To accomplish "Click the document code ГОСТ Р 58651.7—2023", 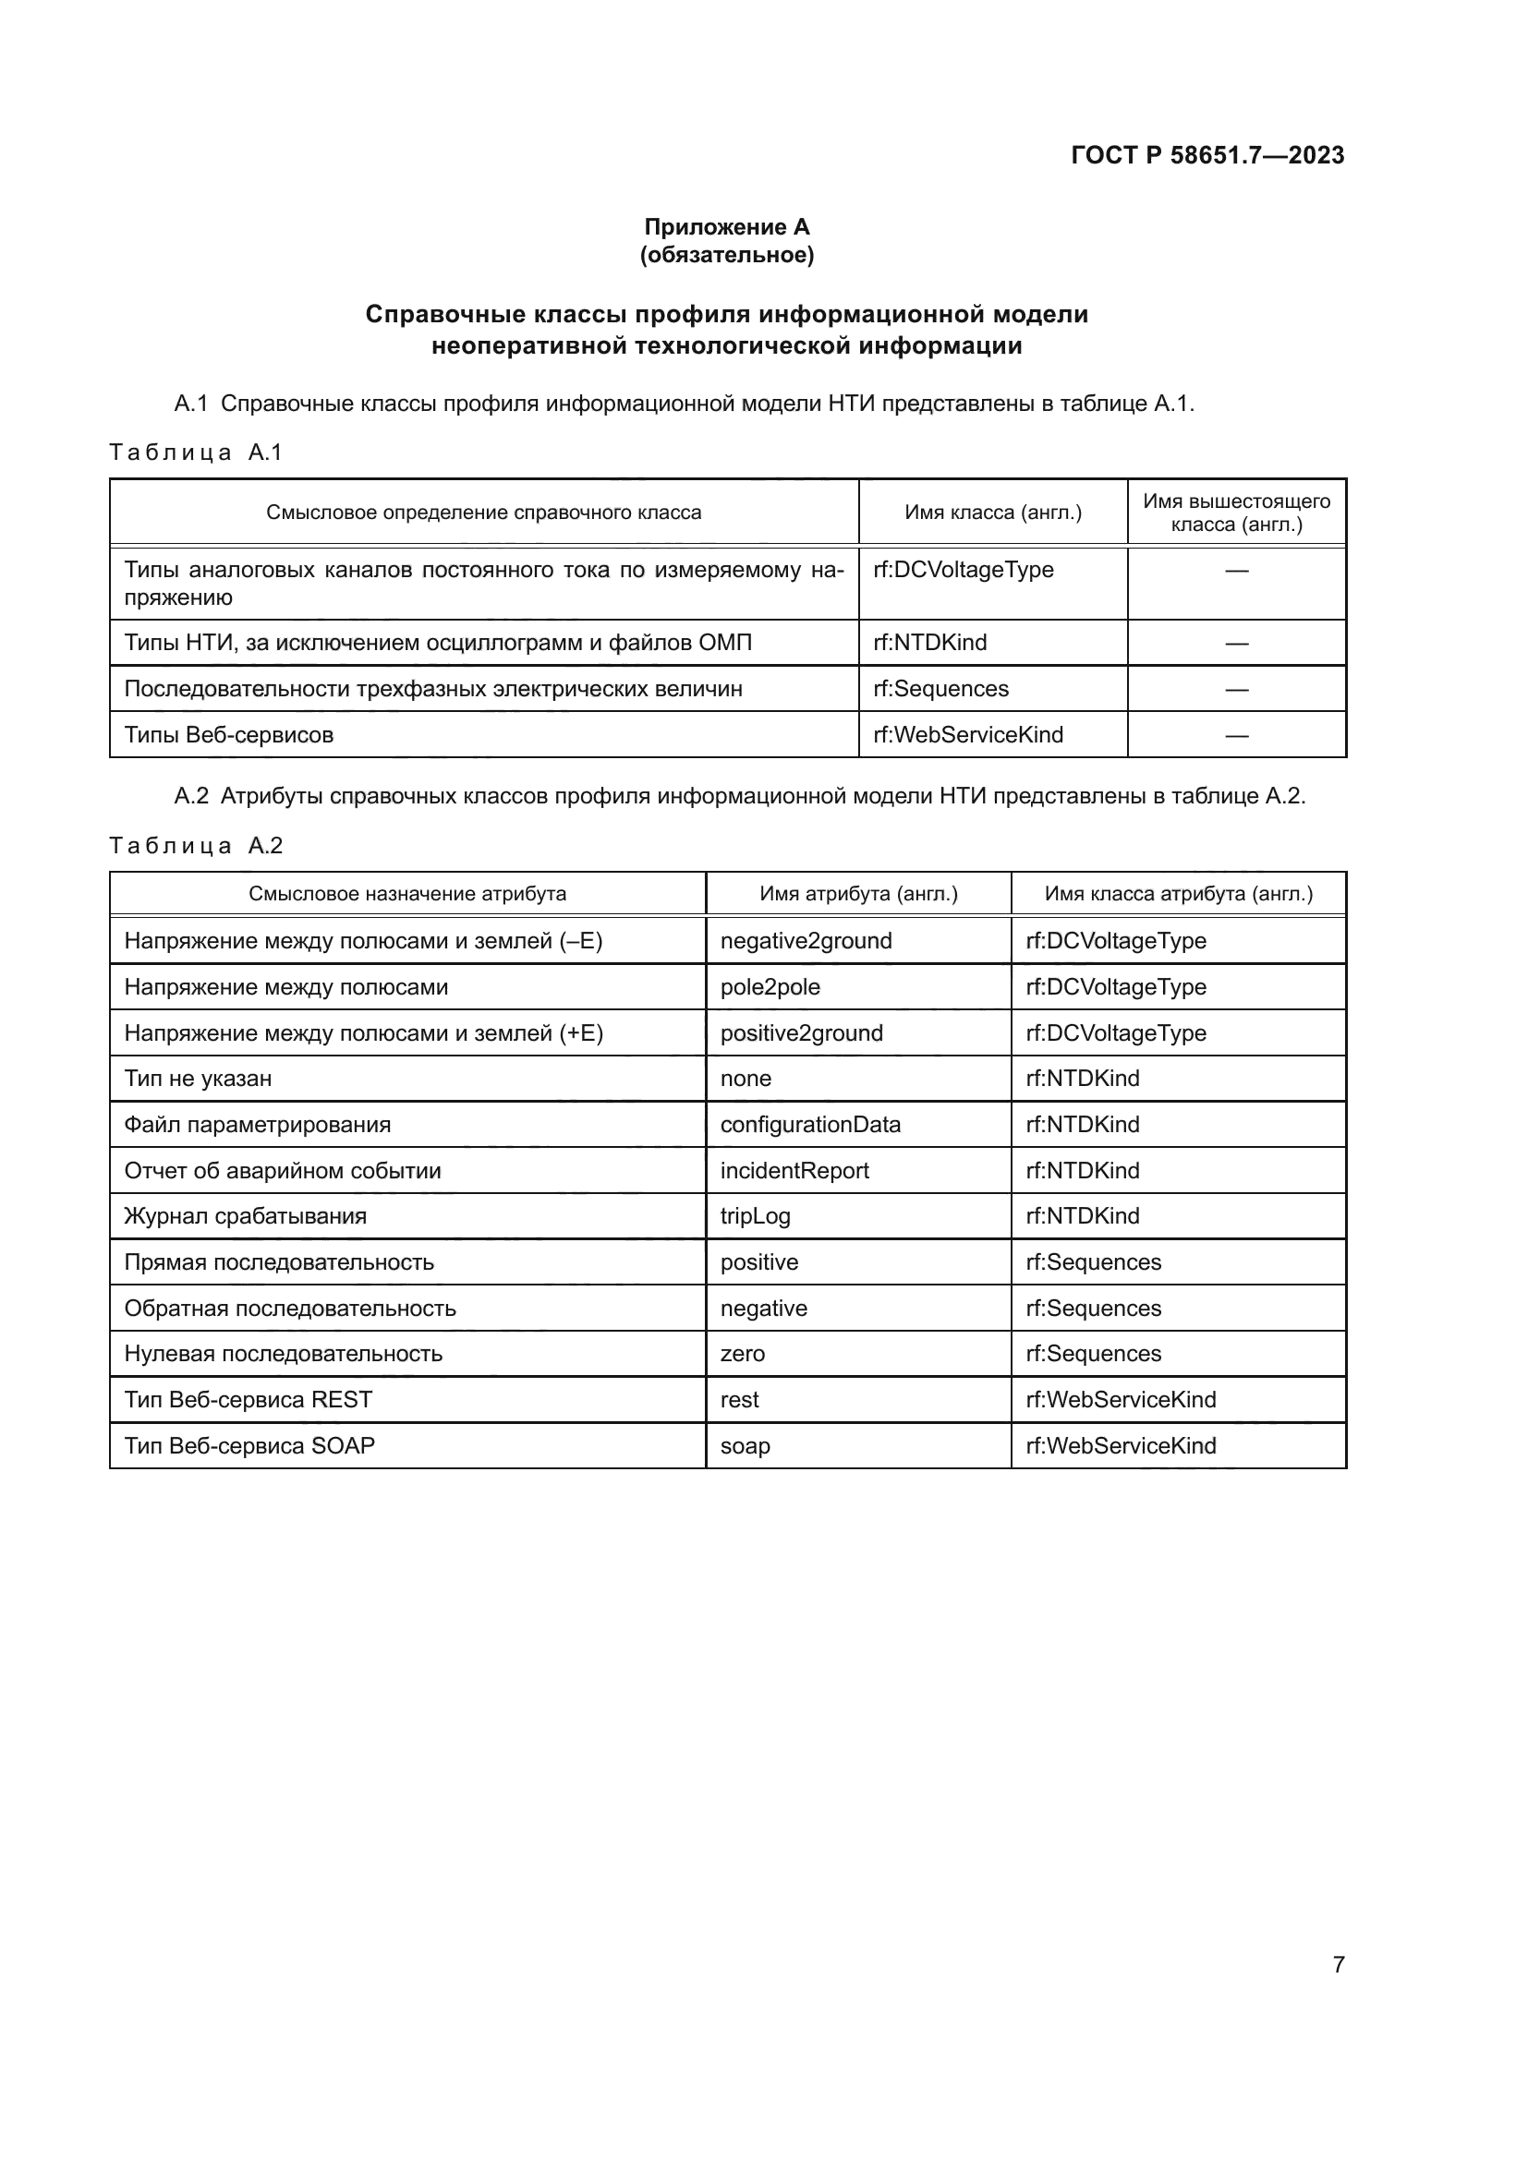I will [x=1207, y=155].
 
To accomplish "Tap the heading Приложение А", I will [x=726, y=227].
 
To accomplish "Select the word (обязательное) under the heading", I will [x=726, y=255].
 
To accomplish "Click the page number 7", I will [x=1338, y=1964].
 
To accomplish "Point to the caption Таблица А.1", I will [x=196, y=453].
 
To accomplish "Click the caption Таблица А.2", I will [x=196, y=846].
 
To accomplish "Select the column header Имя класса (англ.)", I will [x=992, y=513].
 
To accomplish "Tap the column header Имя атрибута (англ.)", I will [x=858, y=894].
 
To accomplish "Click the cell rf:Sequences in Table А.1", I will [x=940, y=689].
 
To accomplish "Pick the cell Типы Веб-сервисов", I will [x=228, y=735].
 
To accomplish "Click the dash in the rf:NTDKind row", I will [x=1236, y=644].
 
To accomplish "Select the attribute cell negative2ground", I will [x=806, y=941].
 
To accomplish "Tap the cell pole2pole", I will [x=770, y=987].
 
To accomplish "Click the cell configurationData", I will [x=810, y=1124].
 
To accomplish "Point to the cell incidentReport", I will [x=794, y=1170].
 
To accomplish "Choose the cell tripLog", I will [x=755, y=1215].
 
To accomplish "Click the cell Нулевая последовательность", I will [x=284, y=1354].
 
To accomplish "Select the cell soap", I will [x=745, y=1446].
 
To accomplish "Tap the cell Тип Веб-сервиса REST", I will [x=249, y=1400].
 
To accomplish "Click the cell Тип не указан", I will [x=198, y=1078].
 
